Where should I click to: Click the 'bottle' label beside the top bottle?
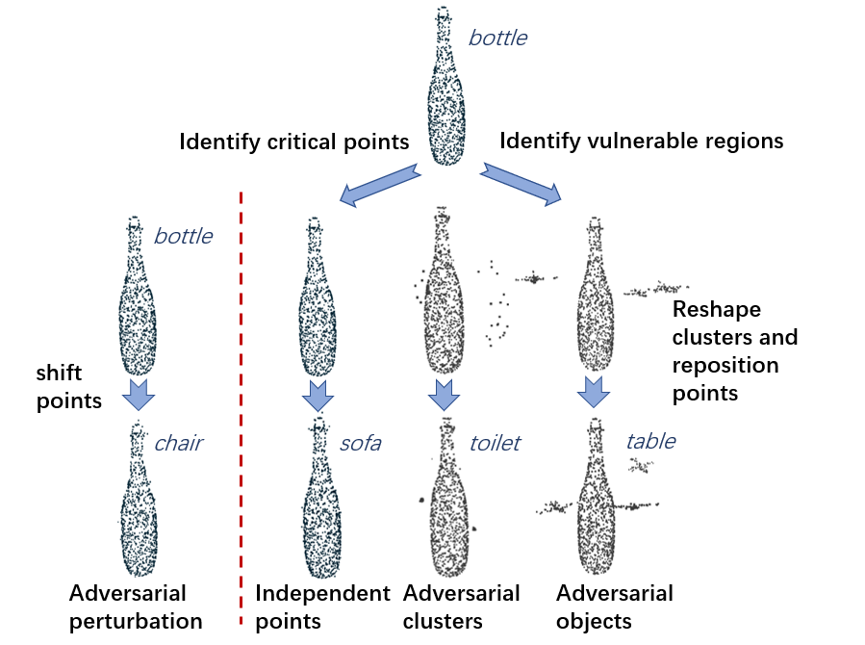[497, 39]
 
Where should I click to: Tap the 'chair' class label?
[179, 444]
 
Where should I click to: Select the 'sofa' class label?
[361, 444]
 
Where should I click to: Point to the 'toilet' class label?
[495, 443]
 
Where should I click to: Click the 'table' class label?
[650, 442]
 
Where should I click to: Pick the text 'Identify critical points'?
[294, 142]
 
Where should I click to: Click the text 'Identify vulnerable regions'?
[642, 142]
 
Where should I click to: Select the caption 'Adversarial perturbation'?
[135, 606]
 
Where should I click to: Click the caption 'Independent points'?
[322, 606]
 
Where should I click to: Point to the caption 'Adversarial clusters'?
[462, 606]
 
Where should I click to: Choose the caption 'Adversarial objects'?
[615, 606]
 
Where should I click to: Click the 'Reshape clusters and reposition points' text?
[735, 351]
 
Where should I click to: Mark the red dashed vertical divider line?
[241, 404]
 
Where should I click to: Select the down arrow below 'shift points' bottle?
[140, 395]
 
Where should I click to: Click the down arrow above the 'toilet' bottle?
[443, 395]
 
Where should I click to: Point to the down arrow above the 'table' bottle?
[594, 393]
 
